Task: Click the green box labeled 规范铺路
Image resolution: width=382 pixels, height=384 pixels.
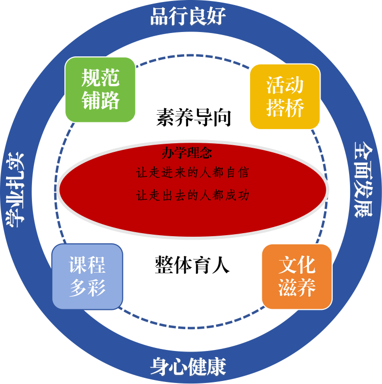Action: click(100, 89)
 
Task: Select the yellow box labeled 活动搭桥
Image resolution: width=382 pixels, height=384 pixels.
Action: click(285, 97)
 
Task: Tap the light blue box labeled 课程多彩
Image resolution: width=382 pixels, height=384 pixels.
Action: click(87, 276)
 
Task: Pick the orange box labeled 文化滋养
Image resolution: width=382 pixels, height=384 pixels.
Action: click(297, 276)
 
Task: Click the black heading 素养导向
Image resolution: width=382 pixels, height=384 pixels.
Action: click(193, 118)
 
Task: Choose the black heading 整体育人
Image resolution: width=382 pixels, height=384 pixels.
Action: click(192, 265)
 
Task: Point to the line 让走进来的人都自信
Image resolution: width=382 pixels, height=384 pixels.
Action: click(193, 173)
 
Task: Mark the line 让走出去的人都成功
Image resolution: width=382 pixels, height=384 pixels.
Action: click(193, 195)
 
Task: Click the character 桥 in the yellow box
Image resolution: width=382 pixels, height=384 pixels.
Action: click(294, 108)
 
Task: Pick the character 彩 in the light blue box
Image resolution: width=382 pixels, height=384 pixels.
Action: click(96, 288)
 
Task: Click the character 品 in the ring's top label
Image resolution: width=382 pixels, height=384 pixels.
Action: click(159, 16)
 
